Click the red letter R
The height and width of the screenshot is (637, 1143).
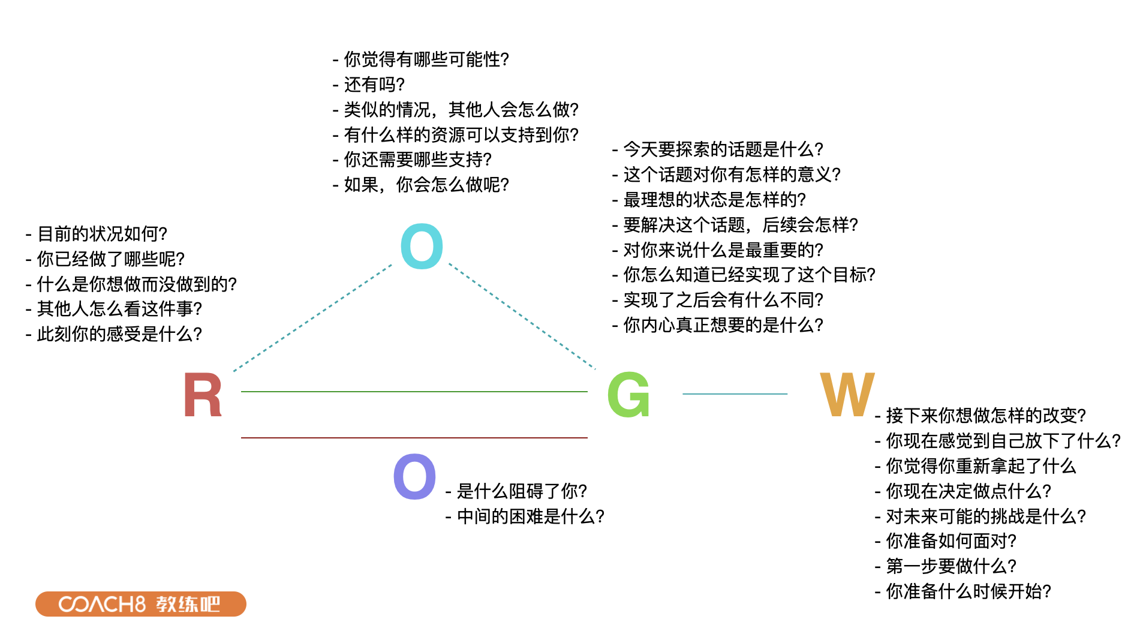pos(202,395)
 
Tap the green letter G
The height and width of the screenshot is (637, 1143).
pos(628,395)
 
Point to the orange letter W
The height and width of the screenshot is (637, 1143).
pos(847,395)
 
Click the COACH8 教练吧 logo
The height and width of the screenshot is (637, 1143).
pos(140,603)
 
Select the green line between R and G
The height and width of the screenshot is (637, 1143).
pos(414,392)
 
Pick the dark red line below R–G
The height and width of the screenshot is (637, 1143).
pos(414,438)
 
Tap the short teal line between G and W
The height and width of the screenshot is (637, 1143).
pos(735,394)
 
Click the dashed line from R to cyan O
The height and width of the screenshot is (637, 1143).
pos(312,318)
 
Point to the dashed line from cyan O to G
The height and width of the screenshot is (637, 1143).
pos(522,317)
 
